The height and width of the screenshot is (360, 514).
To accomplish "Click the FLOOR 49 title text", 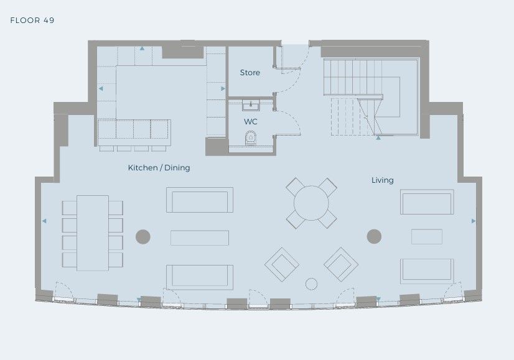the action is pos(32,21).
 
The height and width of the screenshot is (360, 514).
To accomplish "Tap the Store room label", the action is pos(250,72).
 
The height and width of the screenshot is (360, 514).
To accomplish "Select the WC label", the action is pos(250,121).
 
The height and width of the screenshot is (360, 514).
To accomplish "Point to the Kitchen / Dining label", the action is pos(159,168).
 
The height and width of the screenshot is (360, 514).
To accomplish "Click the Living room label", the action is pos(383,180).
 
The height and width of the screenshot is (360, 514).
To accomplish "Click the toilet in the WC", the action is pos(251,137).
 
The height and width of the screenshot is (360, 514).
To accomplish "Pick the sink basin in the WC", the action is pos(251,106).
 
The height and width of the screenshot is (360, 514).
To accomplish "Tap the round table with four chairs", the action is pos(311,203).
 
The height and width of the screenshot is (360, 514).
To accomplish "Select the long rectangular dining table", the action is pos(93,233).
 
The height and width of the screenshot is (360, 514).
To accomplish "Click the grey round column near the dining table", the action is pos(143,236).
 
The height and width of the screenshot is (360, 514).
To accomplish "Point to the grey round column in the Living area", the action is pos(374,236).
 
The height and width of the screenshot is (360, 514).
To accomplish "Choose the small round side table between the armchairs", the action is pos(311,284).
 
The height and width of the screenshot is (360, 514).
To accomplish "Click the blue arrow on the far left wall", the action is pos(44,221).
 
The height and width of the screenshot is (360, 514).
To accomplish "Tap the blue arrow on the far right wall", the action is pos(474,221).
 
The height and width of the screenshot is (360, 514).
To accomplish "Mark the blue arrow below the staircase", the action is pos(378,138).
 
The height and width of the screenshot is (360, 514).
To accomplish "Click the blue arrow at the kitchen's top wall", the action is pos(142,48).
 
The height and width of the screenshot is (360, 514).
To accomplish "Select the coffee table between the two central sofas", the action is pos(200,238).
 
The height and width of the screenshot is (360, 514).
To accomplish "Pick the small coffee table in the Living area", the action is pos(427,236).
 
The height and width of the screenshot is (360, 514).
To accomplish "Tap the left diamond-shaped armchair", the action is pos(282,265).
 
